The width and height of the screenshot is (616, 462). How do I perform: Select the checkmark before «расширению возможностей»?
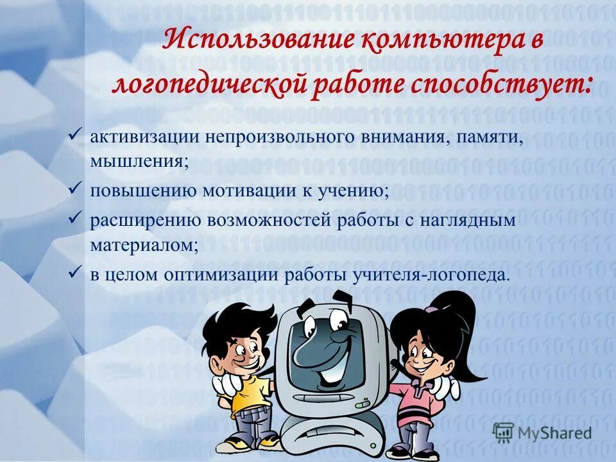[74, 219]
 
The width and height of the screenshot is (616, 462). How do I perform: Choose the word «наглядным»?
[469, 221]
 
